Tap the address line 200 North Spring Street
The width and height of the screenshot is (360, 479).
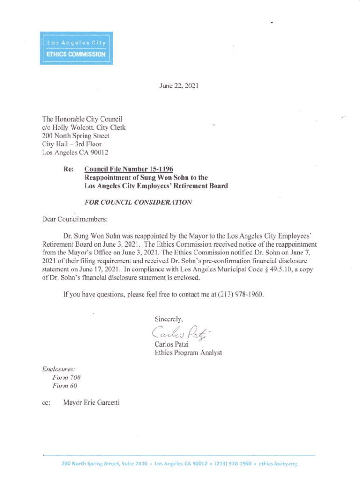click(76, 136)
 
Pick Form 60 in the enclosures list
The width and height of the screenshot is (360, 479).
click(65, 386)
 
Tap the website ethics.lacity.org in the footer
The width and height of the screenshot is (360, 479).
click(278, 464)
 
